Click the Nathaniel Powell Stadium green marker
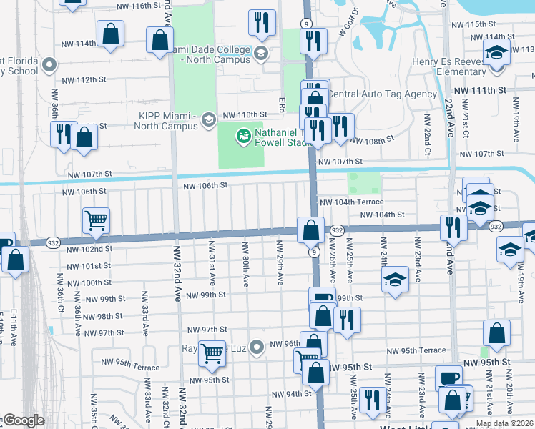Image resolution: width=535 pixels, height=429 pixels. pos(244,134)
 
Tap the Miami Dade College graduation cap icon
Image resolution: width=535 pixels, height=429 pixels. pos(261,52)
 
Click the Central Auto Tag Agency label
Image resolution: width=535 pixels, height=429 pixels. pos(382,94)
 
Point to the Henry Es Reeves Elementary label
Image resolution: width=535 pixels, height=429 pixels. pos(450,66)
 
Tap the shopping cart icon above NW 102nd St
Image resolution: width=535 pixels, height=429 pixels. pos(96,220)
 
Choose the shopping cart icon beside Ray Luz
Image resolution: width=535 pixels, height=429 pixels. pos(212,352)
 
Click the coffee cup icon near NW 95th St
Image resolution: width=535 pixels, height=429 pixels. pos(448,377)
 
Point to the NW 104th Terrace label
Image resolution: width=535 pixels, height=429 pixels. pos(351,202)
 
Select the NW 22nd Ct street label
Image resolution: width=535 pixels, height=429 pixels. pos(426,134)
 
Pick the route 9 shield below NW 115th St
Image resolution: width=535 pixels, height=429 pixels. pos(305,23)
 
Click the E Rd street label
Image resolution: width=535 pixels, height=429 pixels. pos(283,104)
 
